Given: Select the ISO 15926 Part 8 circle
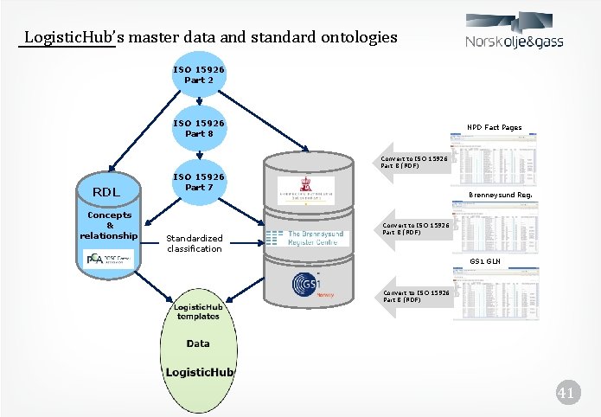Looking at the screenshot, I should point(199,128).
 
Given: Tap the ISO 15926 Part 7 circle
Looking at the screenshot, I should point(199,182).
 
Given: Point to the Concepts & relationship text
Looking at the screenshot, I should point(108,225).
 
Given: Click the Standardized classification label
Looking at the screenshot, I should point(195,243).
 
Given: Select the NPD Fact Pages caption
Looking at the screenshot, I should point(494,127).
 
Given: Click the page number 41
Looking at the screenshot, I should point(566,395).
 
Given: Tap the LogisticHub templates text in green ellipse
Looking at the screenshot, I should point(199,311).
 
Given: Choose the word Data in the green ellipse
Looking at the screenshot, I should point(198,343).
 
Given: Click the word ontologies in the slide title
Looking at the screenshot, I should point(357,37).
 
